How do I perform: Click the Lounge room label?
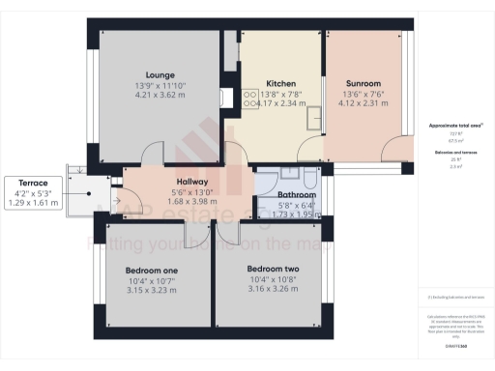click(x=160, y=74)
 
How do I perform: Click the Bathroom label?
click(x=283, y=195)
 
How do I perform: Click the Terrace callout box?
click(x=32, y=192)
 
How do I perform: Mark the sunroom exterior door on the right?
click(x=396, y=151)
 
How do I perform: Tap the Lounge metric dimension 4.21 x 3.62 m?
click(x=160, y=96)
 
